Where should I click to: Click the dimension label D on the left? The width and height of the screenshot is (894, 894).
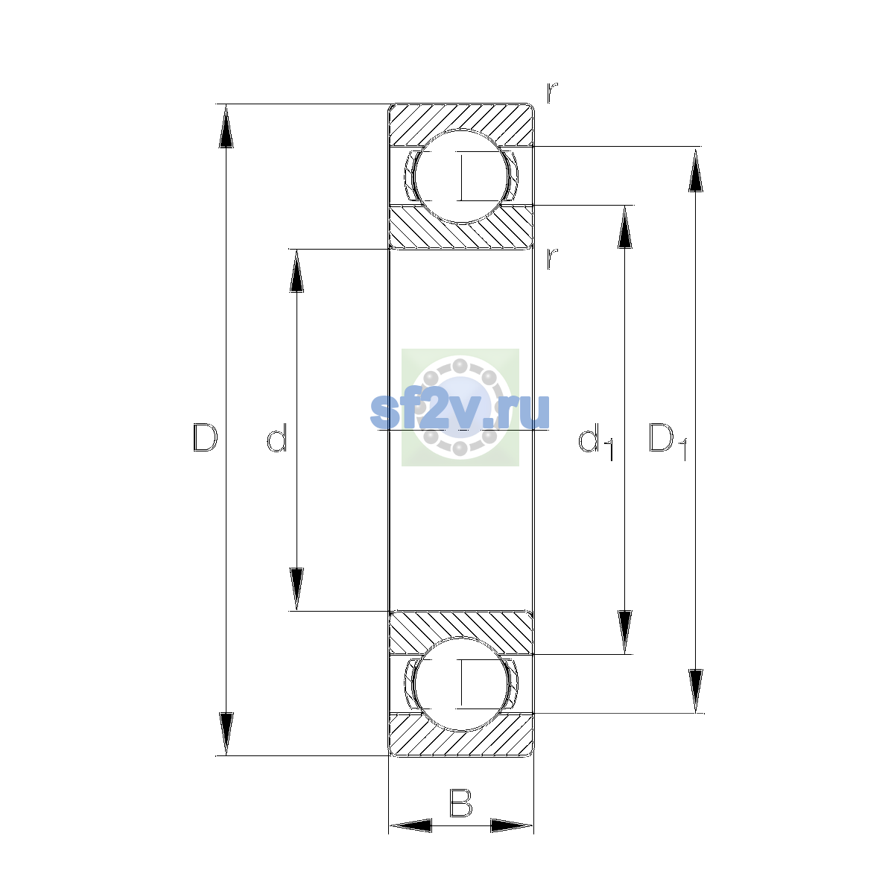205,437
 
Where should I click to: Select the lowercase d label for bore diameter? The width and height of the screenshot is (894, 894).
277,437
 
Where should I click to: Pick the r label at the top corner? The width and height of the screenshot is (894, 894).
551,92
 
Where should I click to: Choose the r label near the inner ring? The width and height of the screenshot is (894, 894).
551,259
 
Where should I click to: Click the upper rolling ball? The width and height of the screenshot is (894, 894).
461,177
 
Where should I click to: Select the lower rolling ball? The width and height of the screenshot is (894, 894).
461,684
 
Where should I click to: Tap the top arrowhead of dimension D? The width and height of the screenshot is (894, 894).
226,125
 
